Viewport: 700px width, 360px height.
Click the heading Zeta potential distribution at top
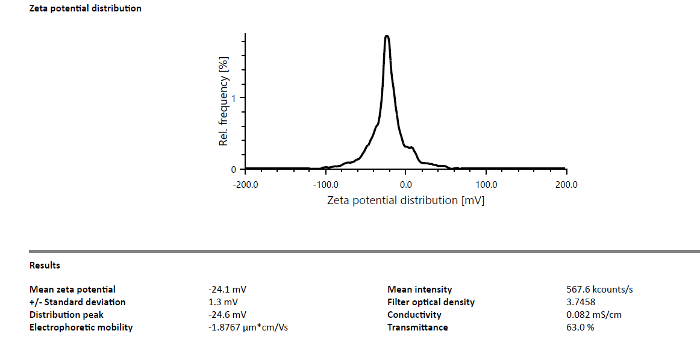[x=86, y=8]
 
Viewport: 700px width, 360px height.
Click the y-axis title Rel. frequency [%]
[x=224, y=102]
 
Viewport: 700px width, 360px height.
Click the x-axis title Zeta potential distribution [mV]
[x=405, y=200]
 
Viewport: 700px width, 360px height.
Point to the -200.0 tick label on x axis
[x=245, y=184]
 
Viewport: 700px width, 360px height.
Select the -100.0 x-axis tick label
[x=325, y=184]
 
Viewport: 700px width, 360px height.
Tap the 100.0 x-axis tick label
[x=486, y=184]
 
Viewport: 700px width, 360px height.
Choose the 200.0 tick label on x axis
[x=566, y=184]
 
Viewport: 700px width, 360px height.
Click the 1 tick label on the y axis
[x=234, y=98]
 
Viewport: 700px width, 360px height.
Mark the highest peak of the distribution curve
[x=387, y=36]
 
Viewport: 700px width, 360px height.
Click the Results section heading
[x=45, y=265]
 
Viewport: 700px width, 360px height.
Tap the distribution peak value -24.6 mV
[x=227, y=315]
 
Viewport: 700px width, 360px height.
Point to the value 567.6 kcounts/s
[x=595, y=290]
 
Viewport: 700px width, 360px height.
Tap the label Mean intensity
[x=419, y=290]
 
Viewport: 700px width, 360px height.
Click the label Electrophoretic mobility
[x=81, y=327]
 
